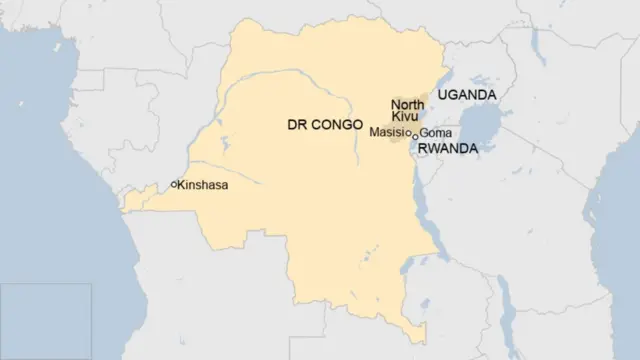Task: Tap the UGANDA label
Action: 464,94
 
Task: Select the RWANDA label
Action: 446,148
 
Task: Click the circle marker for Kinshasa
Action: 174,184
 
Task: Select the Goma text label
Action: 436,132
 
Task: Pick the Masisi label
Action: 388,132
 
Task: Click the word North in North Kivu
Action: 407,104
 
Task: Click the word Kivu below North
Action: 404,117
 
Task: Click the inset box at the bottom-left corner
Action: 46,320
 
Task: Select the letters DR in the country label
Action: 296,124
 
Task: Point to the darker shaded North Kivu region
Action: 399,126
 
